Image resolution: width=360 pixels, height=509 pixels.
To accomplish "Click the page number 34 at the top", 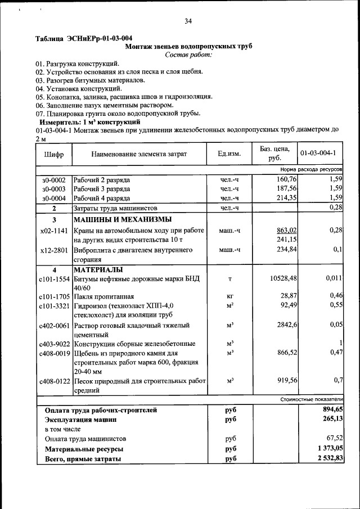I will coord(188,21).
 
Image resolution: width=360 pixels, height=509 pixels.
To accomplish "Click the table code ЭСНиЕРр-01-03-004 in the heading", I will coord(93,38).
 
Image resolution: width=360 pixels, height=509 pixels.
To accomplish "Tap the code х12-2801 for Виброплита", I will coord(54,250).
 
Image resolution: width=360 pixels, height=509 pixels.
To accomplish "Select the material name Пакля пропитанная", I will coord(103,296).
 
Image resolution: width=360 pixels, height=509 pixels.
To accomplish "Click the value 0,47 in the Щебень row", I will coord(335,352).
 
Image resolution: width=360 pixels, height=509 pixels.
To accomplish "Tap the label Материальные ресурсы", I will coord(84,449).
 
